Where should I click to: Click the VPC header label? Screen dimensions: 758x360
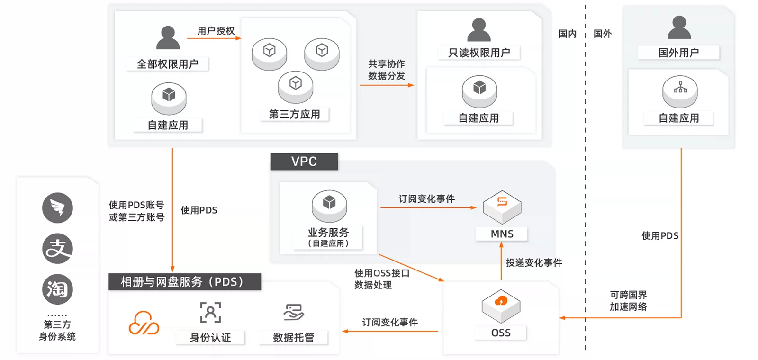(304, 162)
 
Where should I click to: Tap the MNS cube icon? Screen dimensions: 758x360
(502, 207)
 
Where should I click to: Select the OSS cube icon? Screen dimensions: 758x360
(501, 306)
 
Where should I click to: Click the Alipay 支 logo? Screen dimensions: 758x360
(57, 249)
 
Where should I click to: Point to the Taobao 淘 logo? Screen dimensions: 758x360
(57, 289)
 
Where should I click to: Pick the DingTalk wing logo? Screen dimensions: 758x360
(57, 208)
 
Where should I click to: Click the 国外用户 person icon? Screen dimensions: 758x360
(679, 27)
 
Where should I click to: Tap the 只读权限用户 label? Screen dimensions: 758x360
(479, 53)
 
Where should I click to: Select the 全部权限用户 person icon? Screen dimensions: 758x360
(168, 37)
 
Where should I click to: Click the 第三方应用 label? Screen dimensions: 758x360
(294, 114)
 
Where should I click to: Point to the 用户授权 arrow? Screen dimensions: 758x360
(214, 38)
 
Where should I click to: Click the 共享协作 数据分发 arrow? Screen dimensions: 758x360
(387, 85)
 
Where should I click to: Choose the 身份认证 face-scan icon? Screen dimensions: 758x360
(210, 312)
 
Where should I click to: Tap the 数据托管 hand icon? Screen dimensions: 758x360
(293, 312)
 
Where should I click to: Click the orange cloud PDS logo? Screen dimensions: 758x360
(144, 323)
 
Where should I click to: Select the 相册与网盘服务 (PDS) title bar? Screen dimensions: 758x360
(185, 282)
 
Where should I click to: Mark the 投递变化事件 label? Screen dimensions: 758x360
(533, 262)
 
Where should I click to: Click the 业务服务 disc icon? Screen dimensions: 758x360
(329, 206)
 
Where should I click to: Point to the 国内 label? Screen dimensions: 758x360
(567, 34)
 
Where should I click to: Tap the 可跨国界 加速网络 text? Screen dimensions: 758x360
(628, 301)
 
